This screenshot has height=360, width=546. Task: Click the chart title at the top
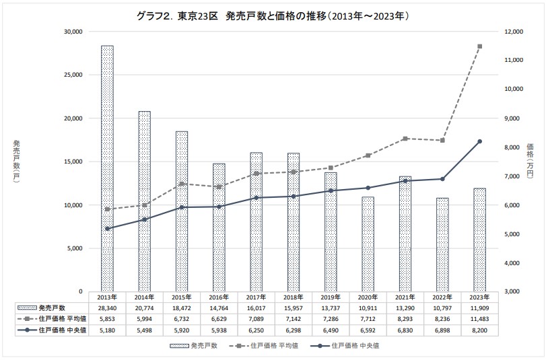click(x=273, y=14)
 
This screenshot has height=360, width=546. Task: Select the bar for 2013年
click(x=107, y=168)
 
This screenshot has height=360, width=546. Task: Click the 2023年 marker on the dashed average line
click(x=479, y=46)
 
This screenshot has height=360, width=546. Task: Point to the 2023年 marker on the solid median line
click(x=479, y=141)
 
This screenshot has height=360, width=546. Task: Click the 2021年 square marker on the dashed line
click(x=405, y=139)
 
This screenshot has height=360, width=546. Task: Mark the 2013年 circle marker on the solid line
click(x=107, y=229)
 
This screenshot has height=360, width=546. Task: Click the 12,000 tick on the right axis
click(x=514, y=32)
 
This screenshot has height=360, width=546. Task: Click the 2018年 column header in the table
click(x=293, y=296)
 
